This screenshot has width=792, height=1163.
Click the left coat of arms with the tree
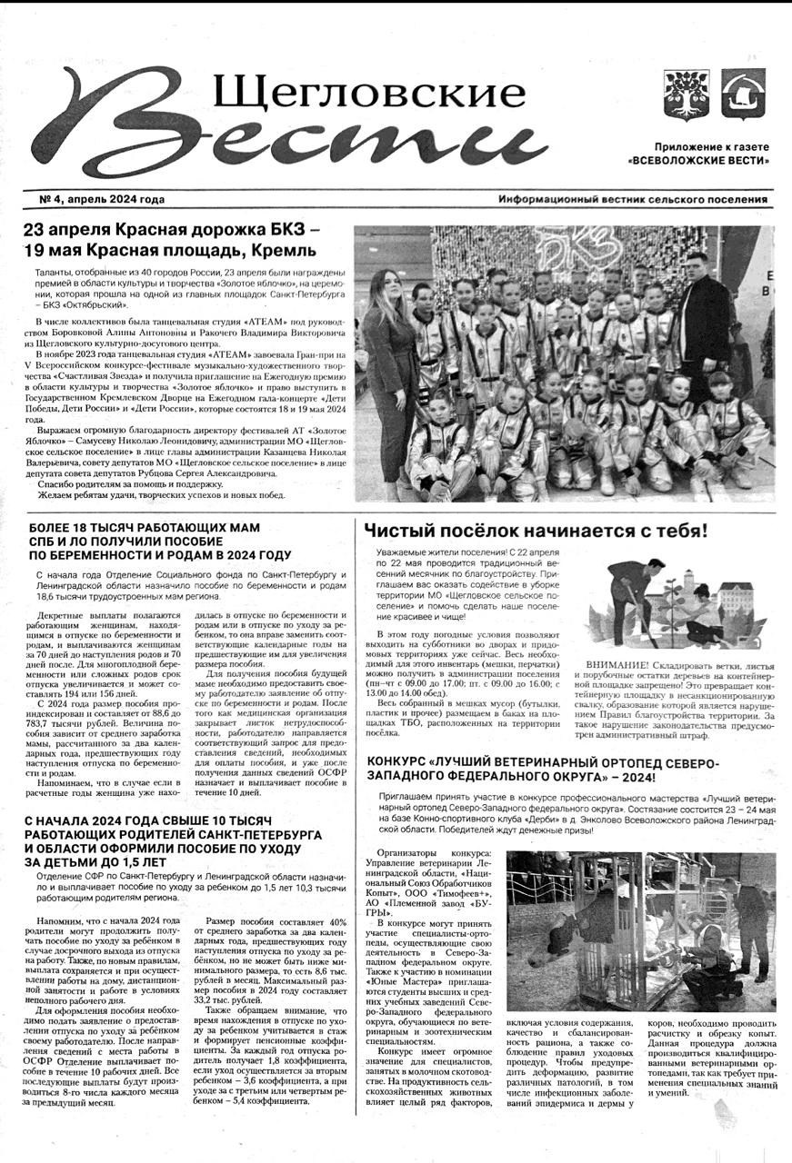coord(680,94)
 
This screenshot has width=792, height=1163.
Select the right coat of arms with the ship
coord(743,94)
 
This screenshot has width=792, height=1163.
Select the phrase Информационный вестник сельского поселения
coord(632,200)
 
